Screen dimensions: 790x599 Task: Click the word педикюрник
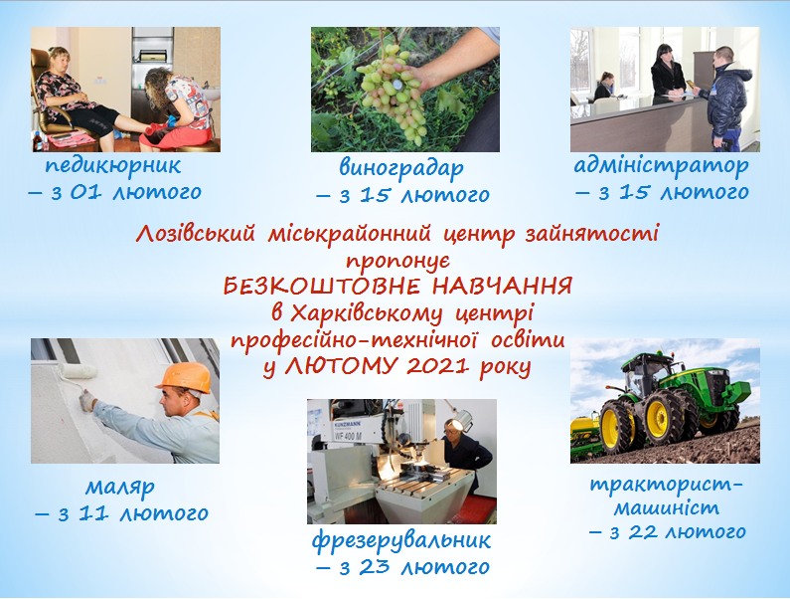113,167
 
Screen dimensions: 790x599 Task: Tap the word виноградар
401,169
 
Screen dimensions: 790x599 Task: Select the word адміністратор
662,166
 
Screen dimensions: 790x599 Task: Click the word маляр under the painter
120,488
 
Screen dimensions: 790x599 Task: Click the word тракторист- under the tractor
667,485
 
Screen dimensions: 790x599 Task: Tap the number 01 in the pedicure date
85,192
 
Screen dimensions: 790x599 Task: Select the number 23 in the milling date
375,567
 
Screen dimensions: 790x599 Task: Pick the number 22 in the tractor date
643,532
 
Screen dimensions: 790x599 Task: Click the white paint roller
78,371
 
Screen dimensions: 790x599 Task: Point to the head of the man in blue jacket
724,57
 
